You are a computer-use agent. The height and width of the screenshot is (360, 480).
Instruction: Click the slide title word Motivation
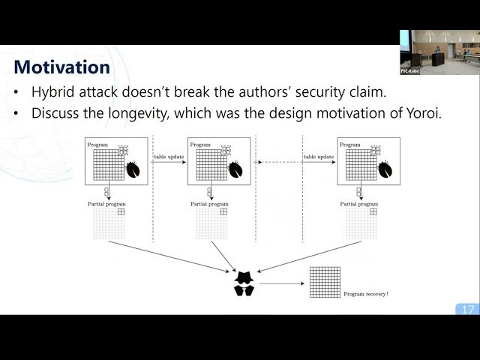[x=61, y=67]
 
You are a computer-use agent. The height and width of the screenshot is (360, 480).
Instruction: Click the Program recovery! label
[x=366, y=293]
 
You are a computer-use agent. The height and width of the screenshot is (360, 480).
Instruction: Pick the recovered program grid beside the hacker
[x=324, y=282]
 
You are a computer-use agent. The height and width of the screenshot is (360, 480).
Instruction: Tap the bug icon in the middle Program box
[x=234, y=169]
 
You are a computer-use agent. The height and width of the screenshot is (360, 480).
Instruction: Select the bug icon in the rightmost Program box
[x=384, y=169]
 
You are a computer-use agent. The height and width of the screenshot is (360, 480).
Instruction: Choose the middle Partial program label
[x=209, y=203]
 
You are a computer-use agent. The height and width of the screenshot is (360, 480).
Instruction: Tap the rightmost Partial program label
[x=358, y=203]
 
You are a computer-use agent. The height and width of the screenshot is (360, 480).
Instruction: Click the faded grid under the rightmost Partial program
[x=361, y=223]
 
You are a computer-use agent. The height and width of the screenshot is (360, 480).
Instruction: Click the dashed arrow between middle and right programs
[x=280, y=162]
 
